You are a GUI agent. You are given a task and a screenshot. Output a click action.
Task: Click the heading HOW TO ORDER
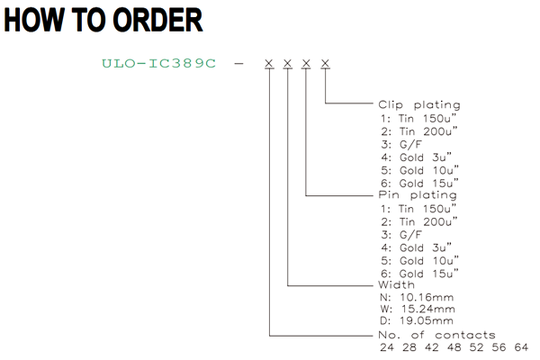pos(103,20)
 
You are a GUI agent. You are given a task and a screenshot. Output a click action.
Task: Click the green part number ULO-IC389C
pos(158,63)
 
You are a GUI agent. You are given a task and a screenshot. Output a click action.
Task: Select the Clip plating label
pos(419,104)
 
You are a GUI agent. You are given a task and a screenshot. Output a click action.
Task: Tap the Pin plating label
pos(418,195)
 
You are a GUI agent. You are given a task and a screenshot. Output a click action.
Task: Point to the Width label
pos(396,284)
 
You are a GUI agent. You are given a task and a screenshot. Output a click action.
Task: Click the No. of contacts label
pos(436,335)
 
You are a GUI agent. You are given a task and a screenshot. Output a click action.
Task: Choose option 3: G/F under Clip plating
pos(401,144)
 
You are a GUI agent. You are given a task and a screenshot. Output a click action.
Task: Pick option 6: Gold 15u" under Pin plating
pos(419,274)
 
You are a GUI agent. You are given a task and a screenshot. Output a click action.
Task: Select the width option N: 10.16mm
pos(417,297)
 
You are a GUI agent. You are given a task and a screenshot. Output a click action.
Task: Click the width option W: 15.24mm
pos(418,309)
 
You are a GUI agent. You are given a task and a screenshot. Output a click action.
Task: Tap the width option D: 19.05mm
pos(417,320)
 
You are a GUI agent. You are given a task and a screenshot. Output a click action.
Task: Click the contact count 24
pos(387,347)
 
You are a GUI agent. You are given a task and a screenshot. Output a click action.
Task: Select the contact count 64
pos(521,347)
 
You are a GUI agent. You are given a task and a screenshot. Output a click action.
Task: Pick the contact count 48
pos(454,347)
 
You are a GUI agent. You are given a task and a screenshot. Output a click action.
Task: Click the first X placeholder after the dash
pos(269,63)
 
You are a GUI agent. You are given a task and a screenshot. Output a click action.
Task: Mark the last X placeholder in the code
pos(325,63)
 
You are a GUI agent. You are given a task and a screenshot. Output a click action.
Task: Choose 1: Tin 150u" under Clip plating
pos(418,118)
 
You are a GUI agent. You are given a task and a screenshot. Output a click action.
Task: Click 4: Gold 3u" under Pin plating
pos(416,247)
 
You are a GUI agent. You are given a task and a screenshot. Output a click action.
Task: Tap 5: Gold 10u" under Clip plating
pos(419,170)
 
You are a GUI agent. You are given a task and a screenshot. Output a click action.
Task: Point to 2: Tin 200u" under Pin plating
pos(419,221)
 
